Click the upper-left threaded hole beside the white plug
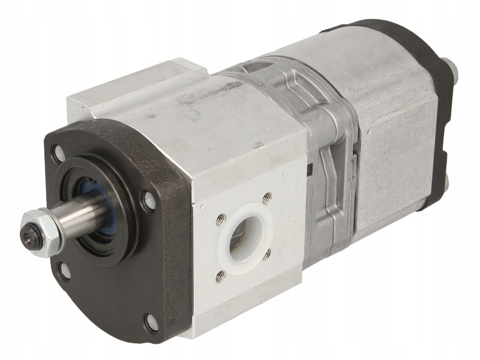[x=220, y=220]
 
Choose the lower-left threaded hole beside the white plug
[x=221, y=275]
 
